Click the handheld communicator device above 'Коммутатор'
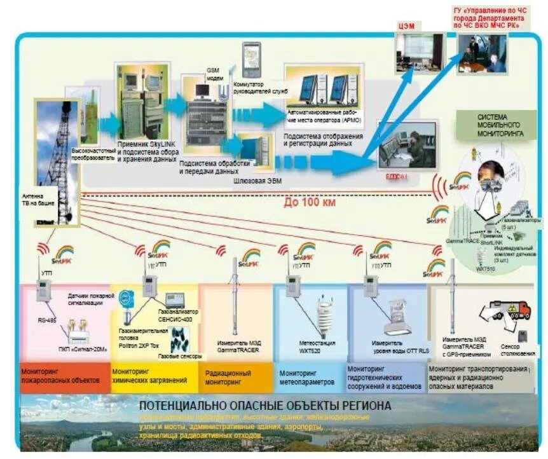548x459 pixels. (251, 59)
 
